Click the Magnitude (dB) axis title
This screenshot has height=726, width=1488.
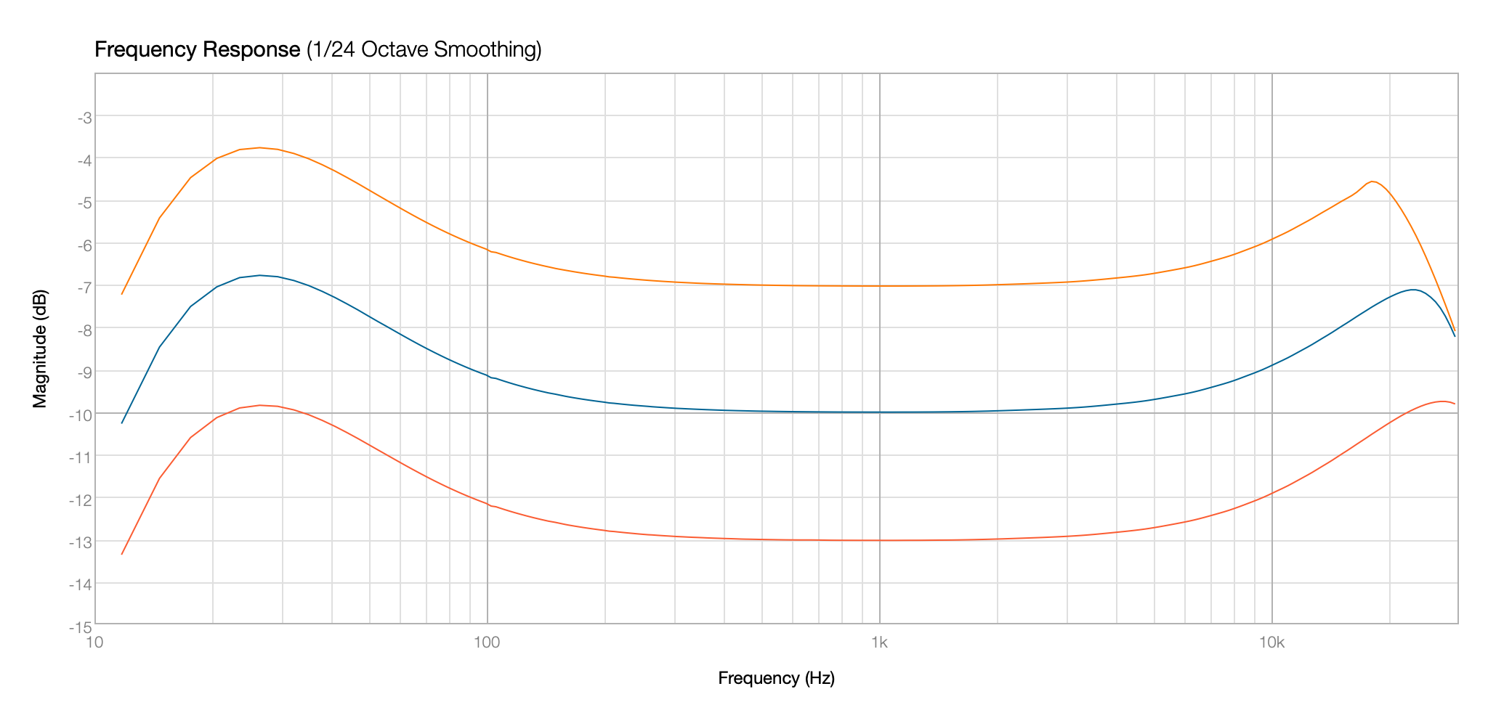[x=41, y=348]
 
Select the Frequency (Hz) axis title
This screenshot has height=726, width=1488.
[x=776, y=678]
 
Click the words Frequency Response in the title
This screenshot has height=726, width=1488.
[x=197, y=50]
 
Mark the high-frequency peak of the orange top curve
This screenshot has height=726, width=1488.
[x=1372, y=181]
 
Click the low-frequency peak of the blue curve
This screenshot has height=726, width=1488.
[x=259, y=275]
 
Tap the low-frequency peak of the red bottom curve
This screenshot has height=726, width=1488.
[x=259, y=405]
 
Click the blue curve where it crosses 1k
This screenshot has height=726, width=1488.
[x=880, y=412]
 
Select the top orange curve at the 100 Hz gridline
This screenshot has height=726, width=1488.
[x=487, y=250]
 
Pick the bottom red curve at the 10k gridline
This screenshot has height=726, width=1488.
[x=1272, y=494]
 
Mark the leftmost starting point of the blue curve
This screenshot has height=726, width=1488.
[x=122, y=423]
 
